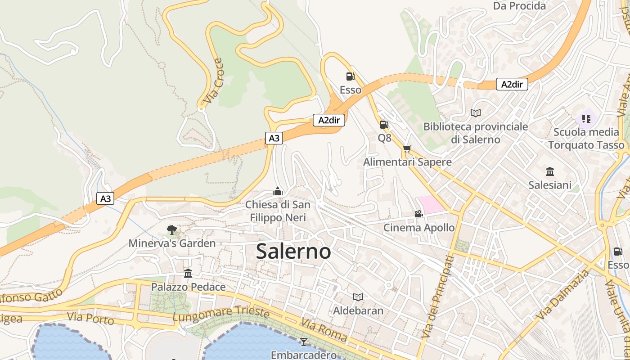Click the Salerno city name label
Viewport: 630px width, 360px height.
(293, 251)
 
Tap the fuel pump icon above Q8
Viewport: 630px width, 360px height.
(384, 125)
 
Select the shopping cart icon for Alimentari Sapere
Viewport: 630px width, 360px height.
(407, 148)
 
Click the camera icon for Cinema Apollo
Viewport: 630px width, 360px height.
(418, 214)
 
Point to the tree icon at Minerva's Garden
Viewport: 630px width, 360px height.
(171, 230)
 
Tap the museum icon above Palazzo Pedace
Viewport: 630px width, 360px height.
(188, 273)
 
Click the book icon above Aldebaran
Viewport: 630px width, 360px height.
(358, 297)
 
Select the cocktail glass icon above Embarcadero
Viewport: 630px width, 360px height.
(304, 342)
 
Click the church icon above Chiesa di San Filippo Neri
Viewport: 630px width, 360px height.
(278, 192)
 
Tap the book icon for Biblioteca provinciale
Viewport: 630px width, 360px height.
(476, 113)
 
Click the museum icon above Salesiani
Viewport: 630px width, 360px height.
(550, 171)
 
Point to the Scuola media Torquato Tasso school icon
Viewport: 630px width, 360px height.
(586, 119)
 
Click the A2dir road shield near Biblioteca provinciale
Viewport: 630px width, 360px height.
(512, 84)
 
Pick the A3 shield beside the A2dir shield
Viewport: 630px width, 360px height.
(274, 138)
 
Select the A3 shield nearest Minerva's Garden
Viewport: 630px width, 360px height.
(105, 198)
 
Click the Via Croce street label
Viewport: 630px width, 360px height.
(213, 81)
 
